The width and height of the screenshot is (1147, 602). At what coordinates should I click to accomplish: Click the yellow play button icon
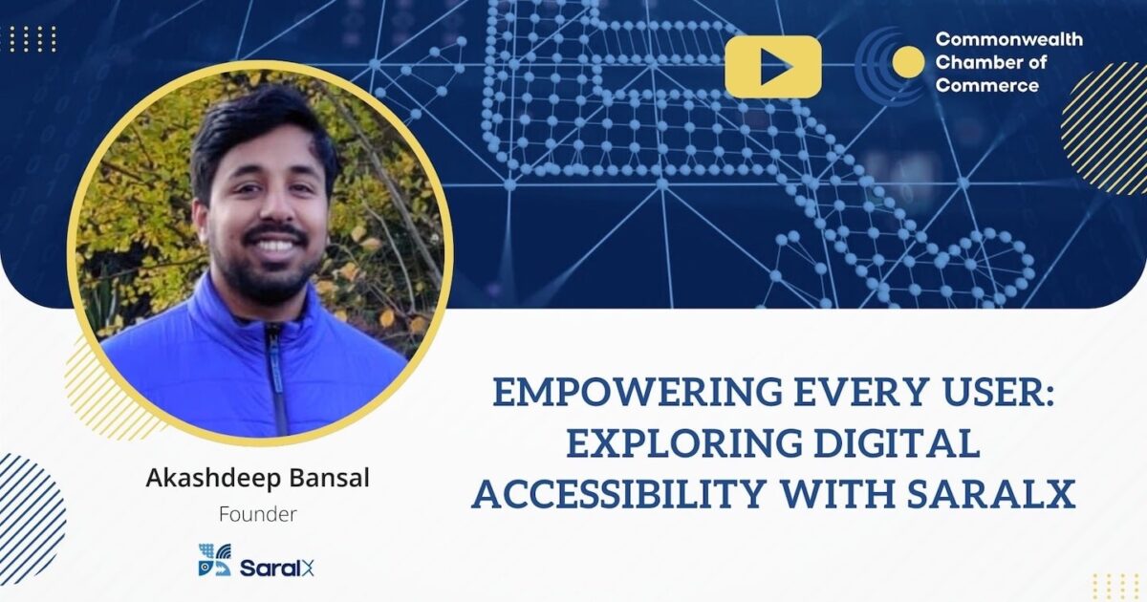click(x=772, y=67)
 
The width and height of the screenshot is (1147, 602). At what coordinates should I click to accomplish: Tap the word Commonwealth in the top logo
click(x=1008, y=40)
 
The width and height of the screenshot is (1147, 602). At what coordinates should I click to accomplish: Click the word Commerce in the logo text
click(x=986, y=86)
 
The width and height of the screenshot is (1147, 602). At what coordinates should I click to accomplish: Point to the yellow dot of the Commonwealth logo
click(x=908, y=63)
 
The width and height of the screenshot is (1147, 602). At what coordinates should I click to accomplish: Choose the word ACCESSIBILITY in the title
click(x=617, y=494)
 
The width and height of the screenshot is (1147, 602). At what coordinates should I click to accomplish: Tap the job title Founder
click(x=257, y=514)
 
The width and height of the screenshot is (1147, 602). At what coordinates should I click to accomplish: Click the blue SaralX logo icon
click(x=214, y=560)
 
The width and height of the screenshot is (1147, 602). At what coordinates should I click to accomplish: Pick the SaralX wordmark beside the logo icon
click(x=276, y=568)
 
